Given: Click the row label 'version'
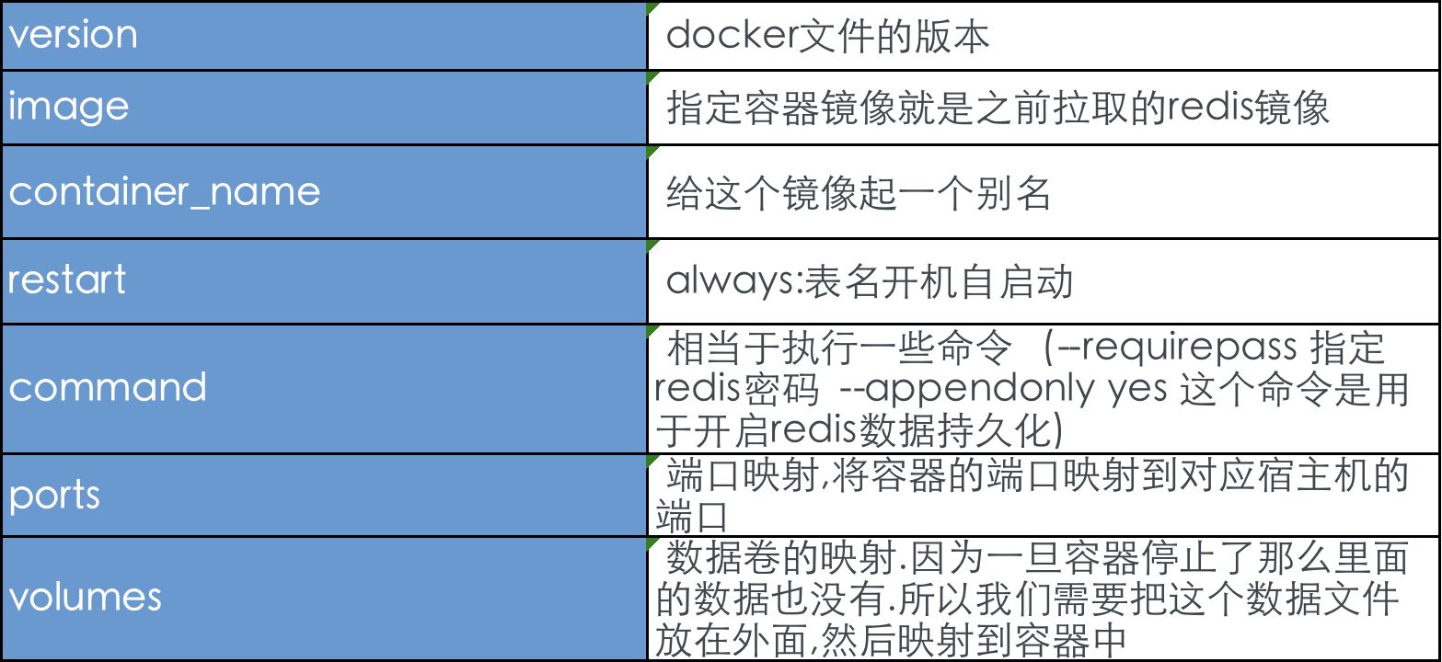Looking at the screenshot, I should point(73,35).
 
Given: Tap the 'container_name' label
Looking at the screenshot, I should point(165,192).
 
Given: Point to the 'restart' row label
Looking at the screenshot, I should point(67,279).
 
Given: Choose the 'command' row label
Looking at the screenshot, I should point(108,387).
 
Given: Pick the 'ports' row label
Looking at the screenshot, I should point(54,496).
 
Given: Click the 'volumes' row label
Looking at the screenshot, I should point(86,597).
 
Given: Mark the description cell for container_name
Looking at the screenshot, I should point(1044,192).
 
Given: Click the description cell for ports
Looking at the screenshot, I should point(1044,496).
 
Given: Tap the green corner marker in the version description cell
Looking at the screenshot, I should point(652,8).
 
